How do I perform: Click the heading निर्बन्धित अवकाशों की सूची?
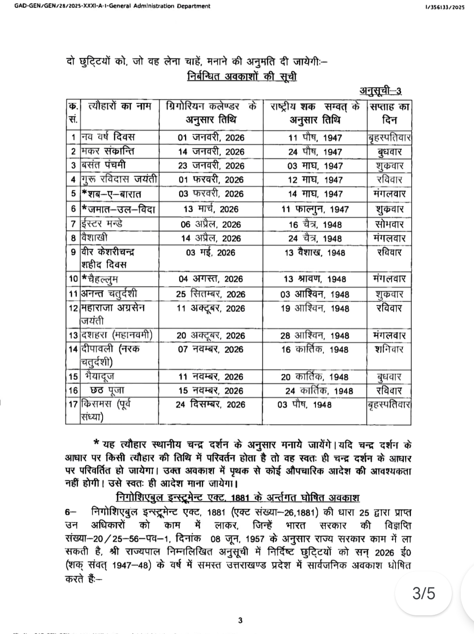[241, 77]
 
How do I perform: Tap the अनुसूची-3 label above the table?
[381, 91]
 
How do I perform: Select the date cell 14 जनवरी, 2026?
[211, 152]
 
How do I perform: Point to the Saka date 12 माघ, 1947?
[315, 180]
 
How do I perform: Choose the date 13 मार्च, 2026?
[211, 209]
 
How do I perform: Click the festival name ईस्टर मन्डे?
[103, 224]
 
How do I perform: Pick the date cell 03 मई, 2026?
[211, 253]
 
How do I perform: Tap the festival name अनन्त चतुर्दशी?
[109, 294]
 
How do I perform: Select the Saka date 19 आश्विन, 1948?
[315, 309]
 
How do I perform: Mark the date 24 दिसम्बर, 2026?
[211, 405]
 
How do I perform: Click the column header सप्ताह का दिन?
[389, 113]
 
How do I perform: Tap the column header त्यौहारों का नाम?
[120, 106]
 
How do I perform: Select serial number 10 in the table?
[73, 279]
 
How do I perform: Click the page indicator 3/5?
[423, 593]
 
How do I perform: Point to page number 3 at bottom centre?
[240, 621]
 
